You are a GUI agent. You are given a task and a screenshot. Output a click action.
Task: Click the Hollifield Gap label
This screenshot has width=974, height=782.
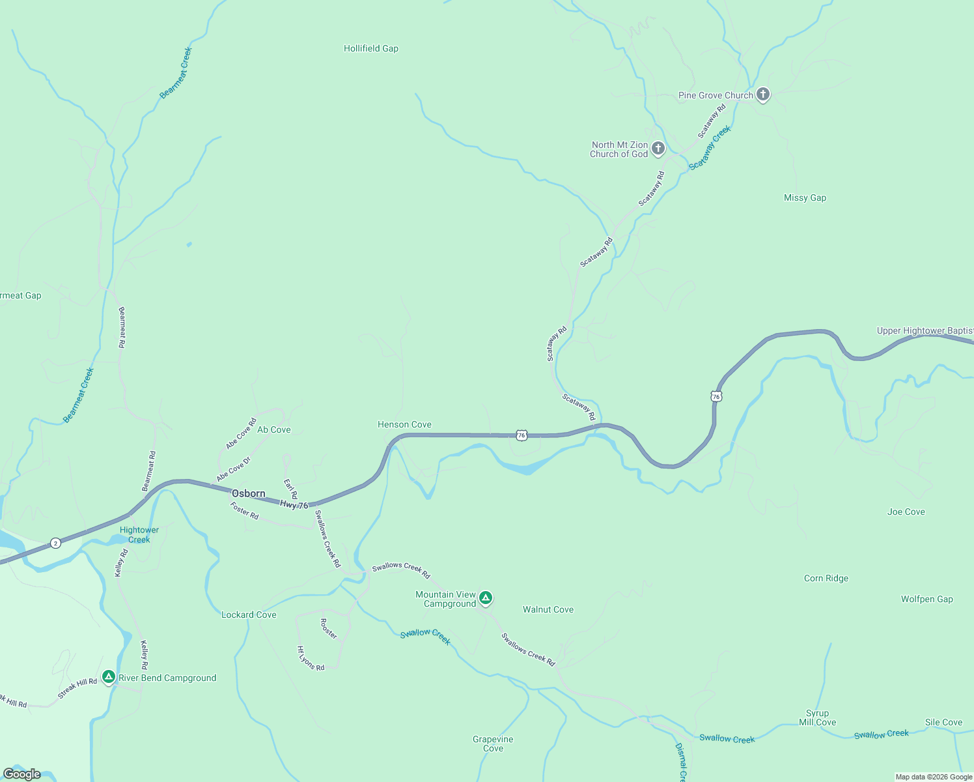click(370, 49)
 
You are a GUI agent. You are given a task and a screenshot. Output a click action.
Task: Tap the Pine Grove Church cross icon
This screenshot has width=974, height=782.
click(763, 94)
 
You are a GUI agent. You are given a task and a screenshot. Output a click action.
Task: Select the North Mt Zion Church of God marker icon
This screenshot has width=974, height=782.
click(658, 149)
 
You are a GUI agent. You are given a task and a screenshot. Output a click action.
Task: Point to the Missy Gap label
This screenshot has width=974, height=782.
click(805, 198)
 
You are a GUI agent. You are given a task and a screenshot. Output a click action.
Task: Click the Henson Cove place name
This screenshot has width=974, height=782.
click(404, 425)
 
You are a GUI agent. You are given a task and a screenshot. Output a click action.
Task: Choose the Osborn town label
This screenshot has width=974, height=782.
click(249, 494)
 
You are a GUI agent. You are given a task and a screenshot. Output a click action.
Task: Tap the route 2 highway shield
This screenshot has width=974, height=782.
click(56, 543)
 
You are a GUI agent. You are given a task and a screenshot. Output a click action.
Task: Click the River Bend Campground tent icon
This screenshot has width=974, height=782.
click(109, 676)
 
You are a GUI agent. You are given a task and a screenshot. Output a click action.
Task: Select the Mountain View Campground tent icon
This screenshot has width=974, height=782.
click(485, 598)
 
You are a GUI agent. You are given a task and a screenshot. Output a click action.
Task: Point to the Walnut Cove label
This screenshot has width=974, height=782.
click(548, 610)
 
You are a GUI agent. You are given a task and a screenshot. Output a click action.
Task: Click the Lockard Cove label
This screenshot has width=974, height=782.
click(249, 615)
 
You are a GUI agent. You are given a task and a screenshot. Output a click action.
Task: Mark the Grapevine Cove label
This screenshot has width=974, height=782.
click(493, 744)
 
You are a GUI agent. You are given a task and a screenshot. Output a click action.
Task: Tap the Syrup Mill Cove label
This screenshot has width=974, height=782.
click(817, 717)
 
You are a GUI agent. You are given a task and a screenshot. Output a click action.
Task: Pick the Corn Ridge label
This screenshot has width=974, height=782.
click(826, 579)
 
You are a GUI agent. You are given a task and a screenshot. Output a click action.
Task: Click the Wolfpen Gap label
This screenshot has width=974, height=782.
click(926, 600)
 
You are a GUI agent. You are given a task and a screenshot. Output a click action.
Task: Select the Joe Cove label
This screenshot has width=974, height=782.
click(906, 512)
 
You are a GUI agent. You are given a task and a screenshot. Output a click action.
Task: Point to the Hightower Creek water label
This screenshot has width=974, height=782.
click(139, 535)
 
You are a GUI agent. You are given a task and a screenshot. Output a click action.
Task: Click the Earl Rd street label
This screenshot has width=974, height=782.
click(290, 489)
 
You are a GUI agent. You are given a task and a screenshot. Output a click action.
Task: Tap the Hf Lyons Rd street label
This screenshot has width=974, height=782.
click(311, 658)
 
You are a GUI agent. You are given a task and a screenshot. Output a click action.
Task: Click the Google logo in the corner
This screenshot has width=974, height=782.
click(22, 774)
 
